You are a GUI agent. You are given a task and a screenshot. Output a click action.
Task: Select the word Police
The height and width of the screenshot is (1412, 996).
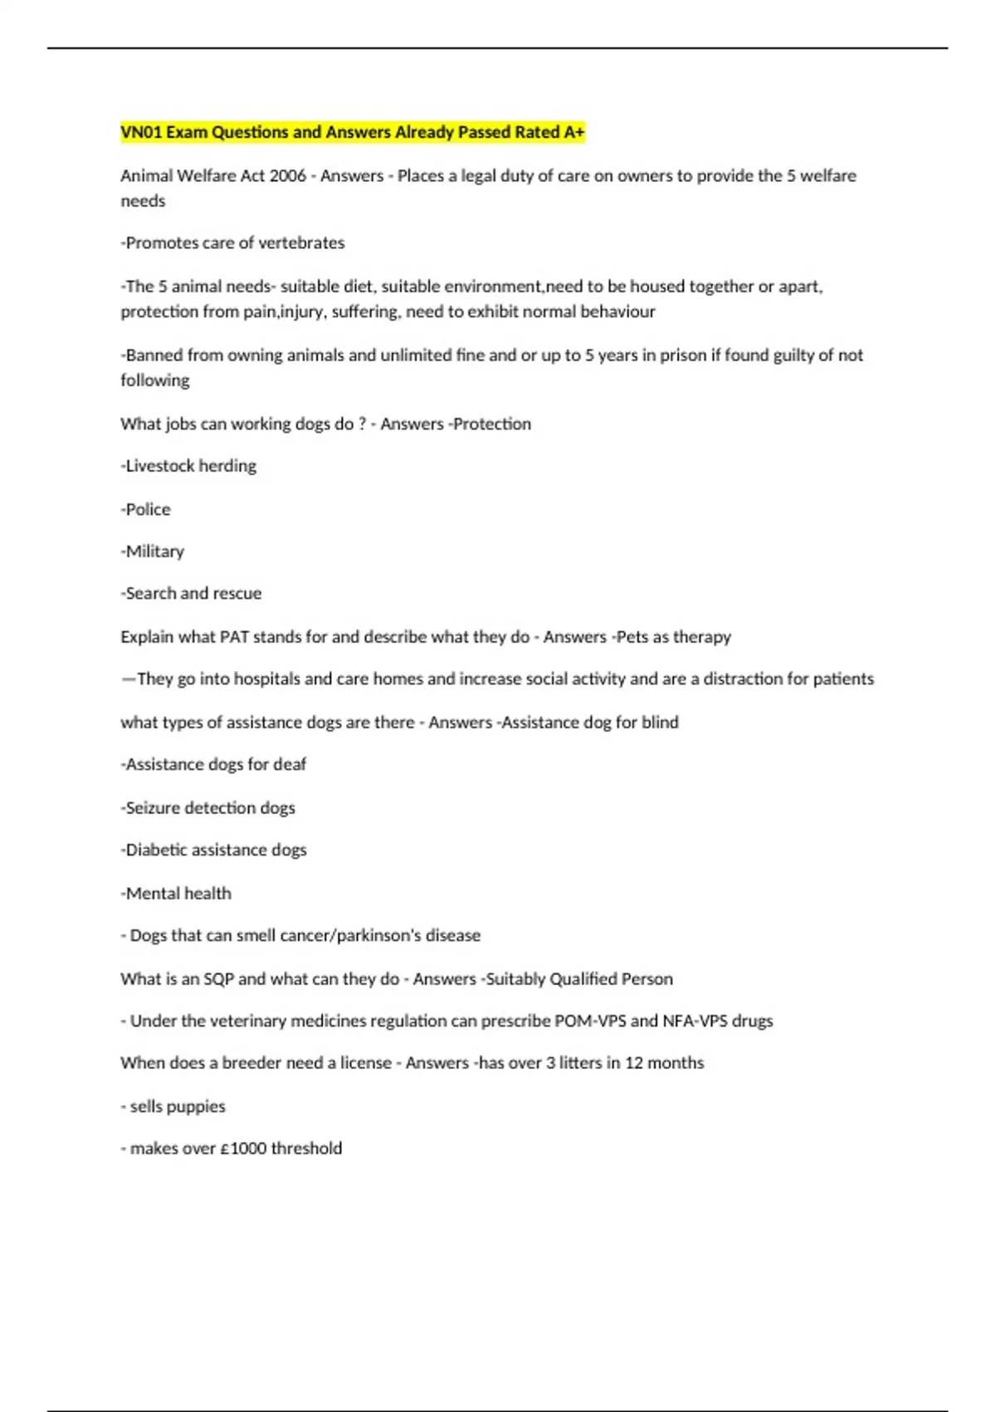pos(148,509)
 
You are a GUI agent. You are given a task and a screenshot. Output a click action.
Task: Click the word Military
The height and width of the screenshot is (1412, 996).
pos(154,552)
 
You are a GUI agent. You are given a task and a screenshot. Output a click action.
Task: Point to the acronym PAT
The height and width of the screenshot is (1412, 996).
pos(234,637)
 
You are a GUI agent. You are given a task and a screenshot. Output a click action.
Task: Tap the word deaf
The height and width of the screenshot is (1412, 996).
pos(290,764)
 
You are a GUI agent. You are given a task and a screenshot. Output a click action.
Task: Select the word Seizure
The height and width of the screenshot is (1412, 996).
pos(153,808)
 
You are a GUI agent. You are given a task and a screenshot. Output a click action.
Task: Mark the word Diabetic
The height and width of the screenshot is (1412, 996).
pos(155,850)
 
